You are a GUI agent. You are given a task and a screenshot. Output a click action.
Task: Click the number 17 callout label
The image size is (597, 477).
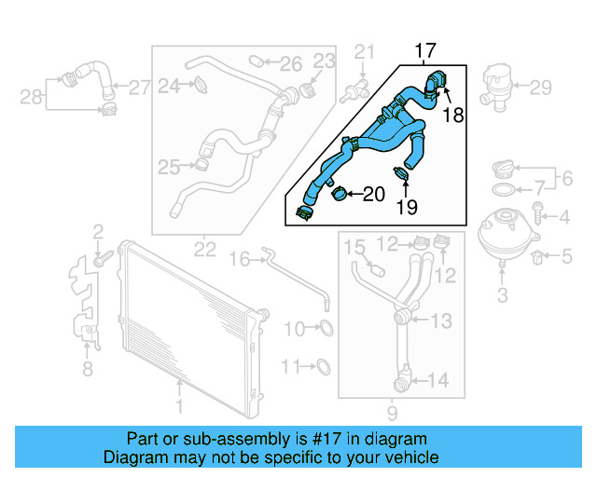[425, 50]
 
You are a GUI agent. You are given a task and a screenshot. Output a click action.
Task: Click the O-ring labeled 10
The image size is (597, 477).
[326, 328]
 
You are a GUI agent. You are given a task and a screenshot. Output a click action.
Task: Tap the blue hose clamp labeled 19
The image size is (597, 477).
[403, 172]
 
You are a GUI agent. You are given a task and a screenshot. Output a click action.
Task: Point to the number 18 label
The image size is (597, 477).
[453, 115]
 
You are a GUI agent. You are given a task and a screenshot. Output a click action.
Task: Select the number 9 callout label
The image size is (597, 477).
[393, 412]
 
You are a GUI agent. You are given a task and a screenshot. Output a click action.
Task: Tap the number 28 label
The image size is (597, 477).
[31, 95]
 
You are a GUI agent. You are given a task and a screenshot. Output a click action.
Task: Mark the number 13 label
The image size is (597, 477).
[440, 321]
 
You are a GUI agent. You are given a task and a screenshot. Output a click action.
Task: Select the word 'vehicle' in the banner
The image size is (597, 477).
[412, 457]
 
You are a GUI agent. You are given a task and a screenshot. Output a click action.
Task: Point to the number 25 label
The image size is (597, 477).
[168, 168]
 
